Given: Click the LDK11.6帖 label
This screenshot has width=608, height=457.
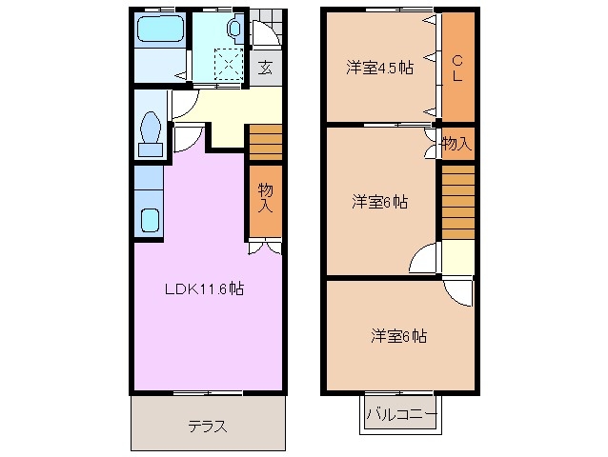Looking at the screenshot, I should [204, 288].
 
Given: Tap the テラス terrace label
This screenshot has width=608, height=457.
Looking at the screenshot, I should [207, 426].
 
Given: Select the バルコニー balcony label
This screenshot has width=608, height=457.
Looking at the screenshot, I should [400, 415].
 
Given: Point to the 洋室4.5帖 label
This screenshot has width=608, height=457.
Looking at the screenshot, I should [378, 69].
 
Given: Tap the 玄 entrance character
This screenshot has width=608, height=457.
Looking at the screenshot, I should [265, 68].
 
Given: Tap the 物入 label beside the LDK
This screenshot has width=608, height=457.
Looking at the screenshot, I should [266, 198].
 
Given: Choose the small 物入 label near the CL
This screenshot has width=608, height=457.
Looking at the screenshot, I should [456, 144].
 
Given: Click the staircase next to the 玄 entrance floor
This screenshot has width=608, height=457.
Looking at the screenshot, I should [266, 143].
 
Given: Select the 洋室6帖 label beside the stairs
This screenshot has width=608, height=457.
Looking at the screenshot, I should [380, 202].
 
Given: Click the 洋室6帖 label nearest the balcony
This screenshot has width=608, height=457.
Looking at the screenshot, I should [398, 336].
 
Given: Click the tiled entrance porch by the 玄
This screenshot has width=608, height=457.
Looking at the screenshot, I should [267, 29].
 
